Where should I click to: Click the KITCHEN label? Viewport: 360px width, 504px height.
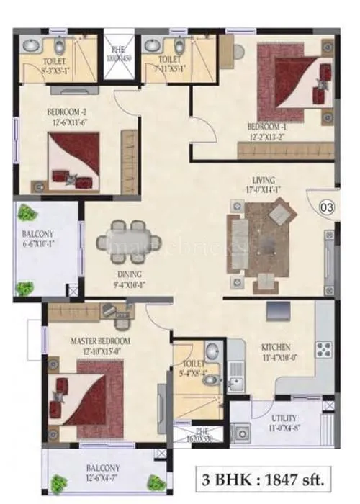276,346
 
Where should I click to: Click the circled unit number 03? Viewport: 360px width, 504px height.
326,208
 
